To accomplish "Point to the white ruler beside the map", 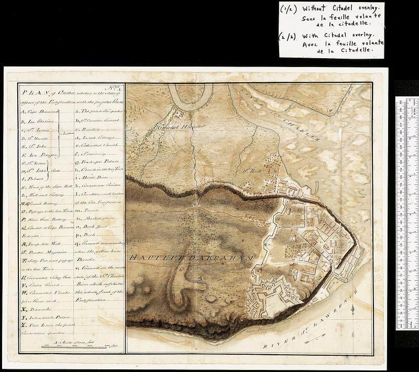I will point(406,210).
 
